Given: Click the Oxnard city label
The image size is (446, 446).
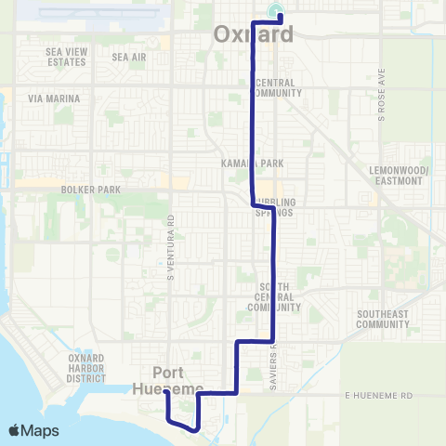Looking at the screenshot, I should (253, 34).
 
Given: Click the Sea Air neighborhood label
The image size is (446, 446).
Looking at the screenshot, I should (129, 57).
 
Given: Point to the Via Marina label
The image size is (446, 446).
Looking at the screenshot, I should (54, 98).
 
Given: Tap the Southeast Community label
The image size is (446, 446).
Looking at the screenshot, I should (382, 320).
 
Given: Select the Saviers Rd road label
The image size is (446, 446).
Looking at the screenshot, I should (276, 360).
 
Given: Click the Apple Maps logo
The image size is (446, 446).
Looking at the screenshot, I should (33, 430).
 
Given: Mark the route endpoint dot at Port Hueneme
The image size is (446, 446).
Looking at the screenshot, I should (166, 392).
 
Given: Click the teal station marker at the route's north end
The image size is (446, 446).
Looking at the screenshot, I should (275, 12).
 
